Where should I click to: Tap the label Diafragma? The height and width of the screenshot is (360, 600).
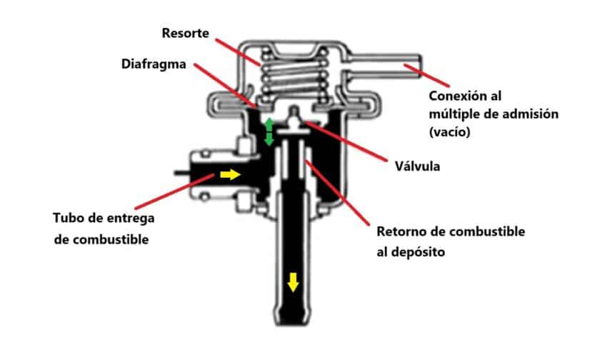[154, 64]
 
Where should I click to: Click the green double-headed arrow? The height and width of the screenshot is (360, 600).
[269, 132]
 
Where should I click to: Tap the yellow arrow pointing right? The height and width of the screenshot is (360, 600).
[230, 174]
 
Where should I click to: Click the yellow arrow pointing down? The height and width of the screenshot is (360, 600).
[292, 284]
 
